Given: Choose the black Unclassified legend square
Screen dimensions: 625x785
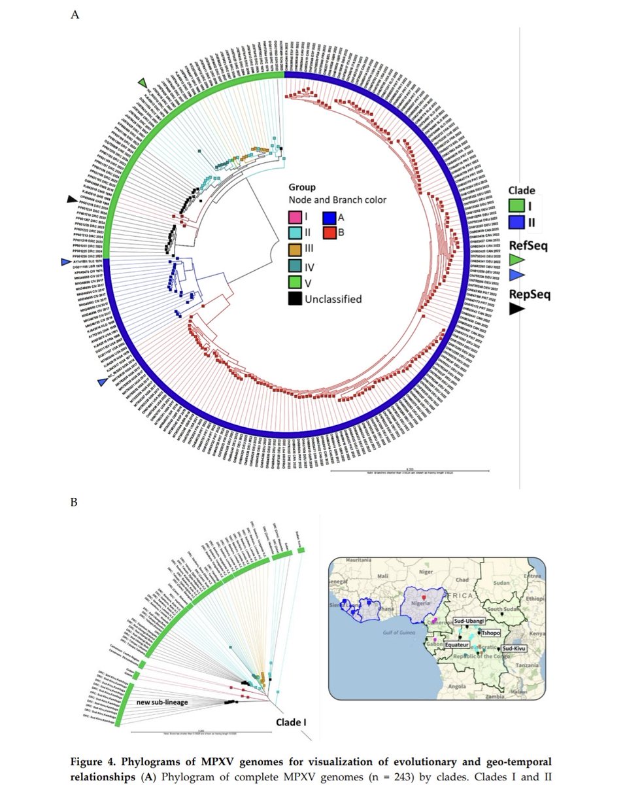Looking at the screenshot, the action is click(296, 299).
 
